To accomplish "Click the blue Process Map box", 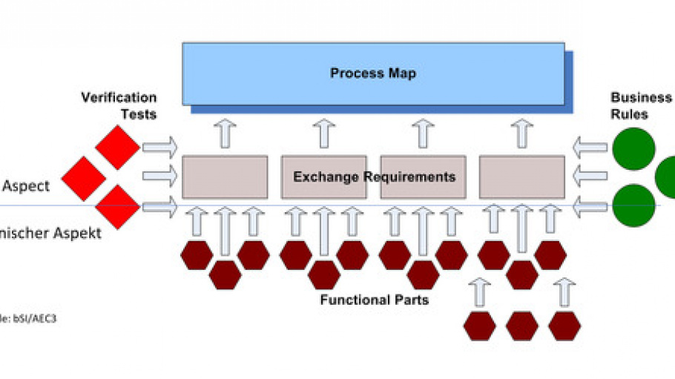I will [373, 73].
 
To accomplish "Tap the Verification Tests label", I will [119, 105].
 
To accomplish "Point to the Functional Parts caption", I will [374, 300].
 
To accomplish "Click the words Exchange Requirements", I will [374, 177].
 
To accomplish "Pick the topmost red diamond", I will [117, 147].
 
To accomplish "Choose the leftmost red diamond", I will [83, 178].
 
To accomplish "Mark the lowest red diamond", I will [117, 207].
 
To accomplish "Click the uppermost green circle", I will [633, 148].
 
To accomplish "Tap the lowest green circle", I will [633, 205].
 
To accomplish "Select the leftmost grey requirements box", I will [225, 177].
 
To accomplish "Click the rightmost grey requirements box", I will [521, 177].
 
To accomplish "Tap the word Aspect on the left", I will [25, 186].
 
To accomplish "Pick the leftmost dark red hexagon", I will [197, 255].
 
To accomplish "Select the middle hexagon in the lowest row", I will [522, 326].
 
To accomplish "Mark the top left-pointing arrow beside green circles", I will [591, 147].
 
